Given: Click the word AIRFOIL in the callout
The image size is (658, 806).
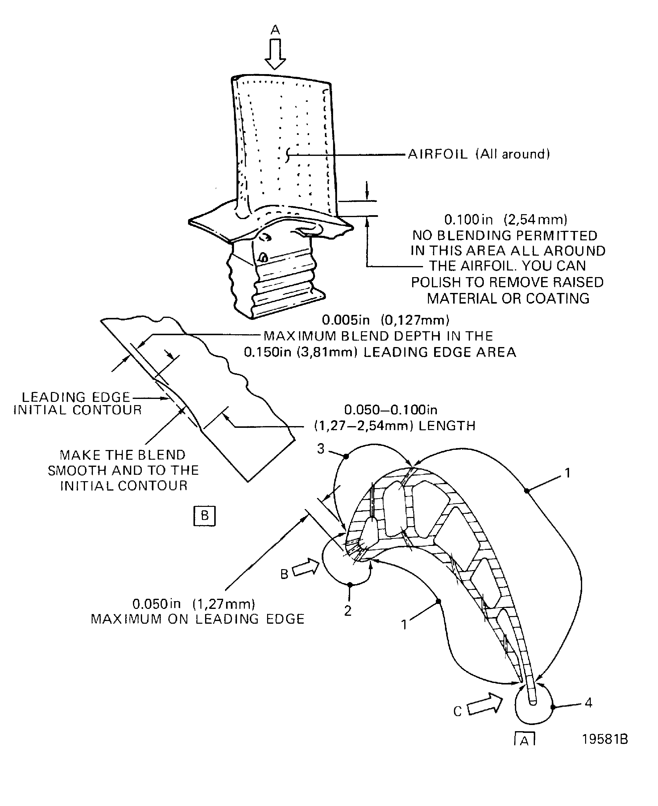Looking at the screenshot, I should tap(437, 154).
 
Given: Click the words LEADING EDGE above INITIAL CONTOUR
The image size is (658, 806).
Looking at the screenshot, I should tap(76, 397).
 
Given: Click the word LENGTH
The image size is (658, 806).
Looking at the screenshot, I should tap(446, 426).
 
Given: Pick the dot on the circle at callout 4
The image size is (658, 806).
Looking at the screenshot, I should tap(553, 707).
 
